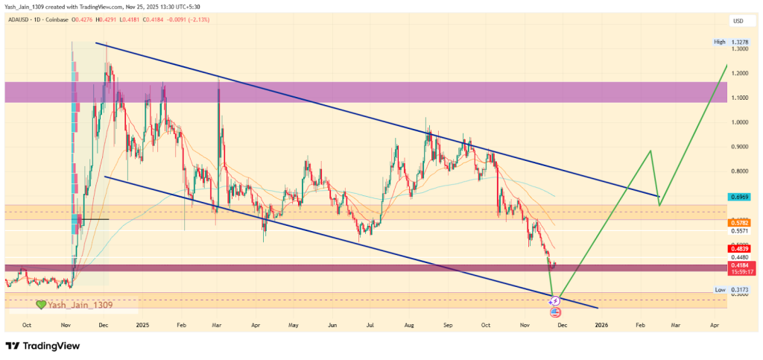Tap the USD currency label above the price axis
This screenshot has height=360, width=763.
click(x=739, y=20)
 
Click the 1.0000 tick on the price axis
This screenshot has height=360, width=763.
click(x=741, y=122)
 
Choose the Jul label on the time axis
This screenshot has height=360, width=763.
click(x=370, y=325)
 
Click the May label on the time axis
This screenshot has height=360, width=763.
click(x=293, y=325)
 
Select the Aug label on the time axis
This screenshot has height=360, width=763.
click(x=409, y=325)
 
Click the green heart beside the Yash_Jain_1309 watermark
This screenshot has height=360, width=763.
click(x=42, y=305)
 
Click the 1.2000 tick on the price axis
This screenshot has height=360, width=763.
click(x=741, y=73)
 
